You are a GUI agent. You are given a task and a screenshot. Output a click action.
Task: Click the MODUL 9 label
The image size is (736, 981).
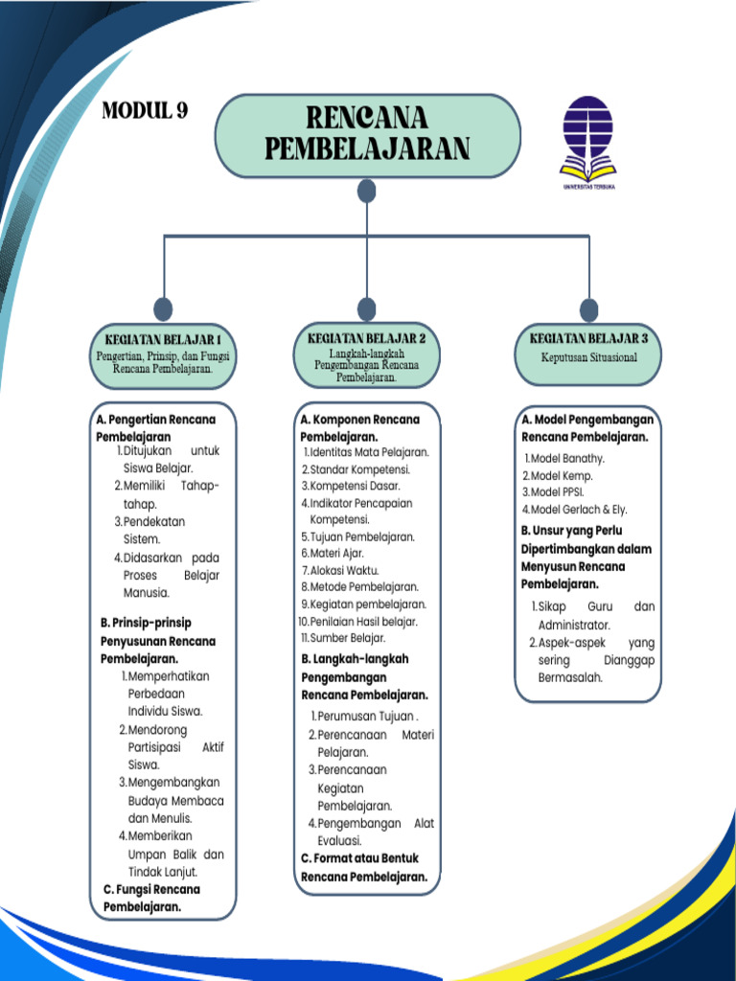click(x=145, y=110)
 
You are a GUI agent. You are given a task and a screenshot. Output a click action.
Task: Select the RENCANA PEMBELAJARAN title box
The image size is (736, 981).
click(x=367, y=135)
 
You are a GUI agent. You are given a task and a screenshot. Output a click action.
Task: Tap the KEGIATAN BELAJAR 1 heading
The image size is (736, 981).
click(x=163, y=339)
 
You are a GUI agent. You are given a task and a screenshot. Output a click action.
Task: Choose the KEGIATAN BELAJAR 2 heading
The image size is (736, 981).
click(x=367, y=338)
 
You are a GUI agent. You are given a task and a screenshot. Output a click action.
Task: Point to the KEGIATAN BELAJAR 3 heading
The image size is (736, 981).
click(x=588, y=338)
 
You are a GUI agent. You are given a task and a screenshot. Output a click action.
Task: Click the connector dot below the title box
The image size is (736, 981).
click(x=367, y=192)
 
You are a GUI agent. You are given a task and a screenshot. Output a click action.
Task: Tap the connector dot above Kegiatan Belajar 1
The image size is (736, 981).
click(x=164, y=308)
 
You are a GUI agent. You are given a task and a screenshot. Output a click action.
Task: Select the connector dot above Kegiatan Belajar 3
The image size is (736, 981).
click(x=588, y=309)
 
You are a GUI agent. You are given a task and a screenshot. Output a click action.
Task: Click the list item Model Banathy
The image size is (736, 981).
click(x=568, y=458)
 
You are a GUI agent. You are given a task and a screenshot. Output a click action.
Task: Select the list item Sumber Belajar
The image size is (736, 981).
click(x=347, y=638)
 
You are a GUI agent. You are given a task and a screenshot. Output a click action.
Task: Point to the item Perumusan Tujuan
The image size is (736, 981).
click(x=367, y=717)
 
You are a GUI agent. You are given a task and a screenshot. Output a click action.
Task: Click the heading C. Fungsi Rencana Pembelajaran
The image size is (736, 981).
click(x=153, y=898)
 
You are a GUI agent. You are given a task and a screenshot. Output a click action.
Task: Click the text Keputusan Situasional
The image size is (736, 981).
click(x=588, y=357)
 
